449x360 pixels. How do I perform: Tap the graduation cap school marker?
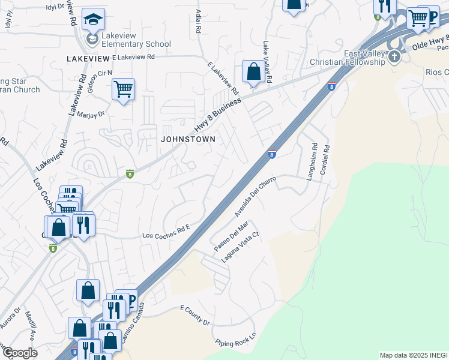point(93,20)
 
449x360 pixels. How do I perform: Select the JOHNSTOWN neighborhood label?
point(187,139)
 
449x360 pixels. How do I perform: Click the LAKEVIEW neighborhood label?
point(88,58)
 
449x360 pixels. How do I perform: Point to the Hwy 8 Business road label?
point(217,116)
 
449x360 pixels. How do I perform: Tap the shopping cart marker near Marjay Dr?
point(123,89)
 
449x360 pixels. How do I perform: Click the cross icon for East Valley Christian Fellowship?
point(394,57)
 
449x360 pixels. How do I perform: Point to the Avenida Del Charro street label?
point(255,197)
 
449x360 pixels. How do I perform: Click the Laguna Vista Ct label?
point(240,248)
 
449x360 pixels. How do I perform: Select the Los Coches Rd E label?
point(166,232)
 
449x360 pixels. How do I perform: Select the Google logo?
point(19,353)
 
